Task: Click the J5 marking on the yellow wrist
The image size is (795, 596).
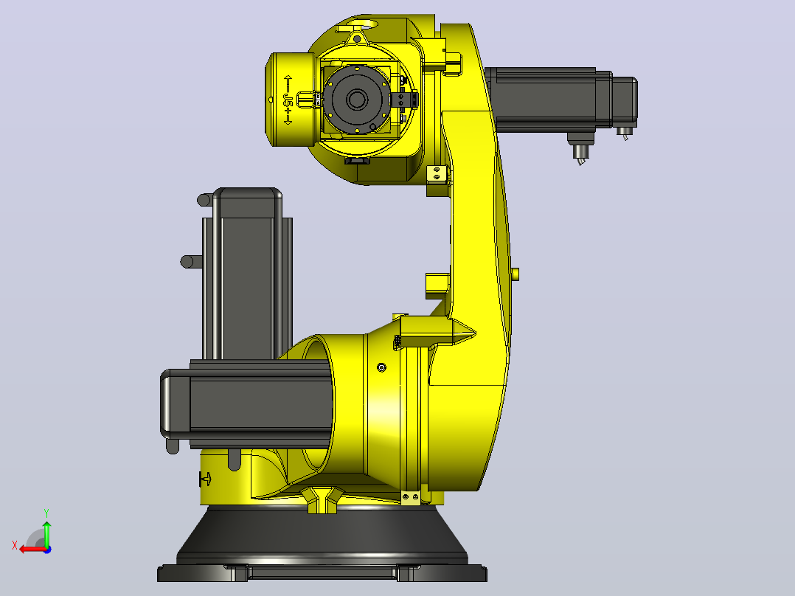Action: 288,100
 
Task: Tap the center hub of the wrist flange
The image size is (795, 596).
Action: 357,100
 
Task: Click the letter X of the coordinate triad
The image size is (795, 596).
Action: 15,545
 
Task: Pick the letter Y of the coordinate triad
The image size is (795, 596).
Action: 46,513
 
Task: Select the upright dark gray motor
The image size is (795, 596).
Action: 247,274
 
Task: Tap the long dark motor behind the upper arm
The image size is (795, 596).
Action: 560,100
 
